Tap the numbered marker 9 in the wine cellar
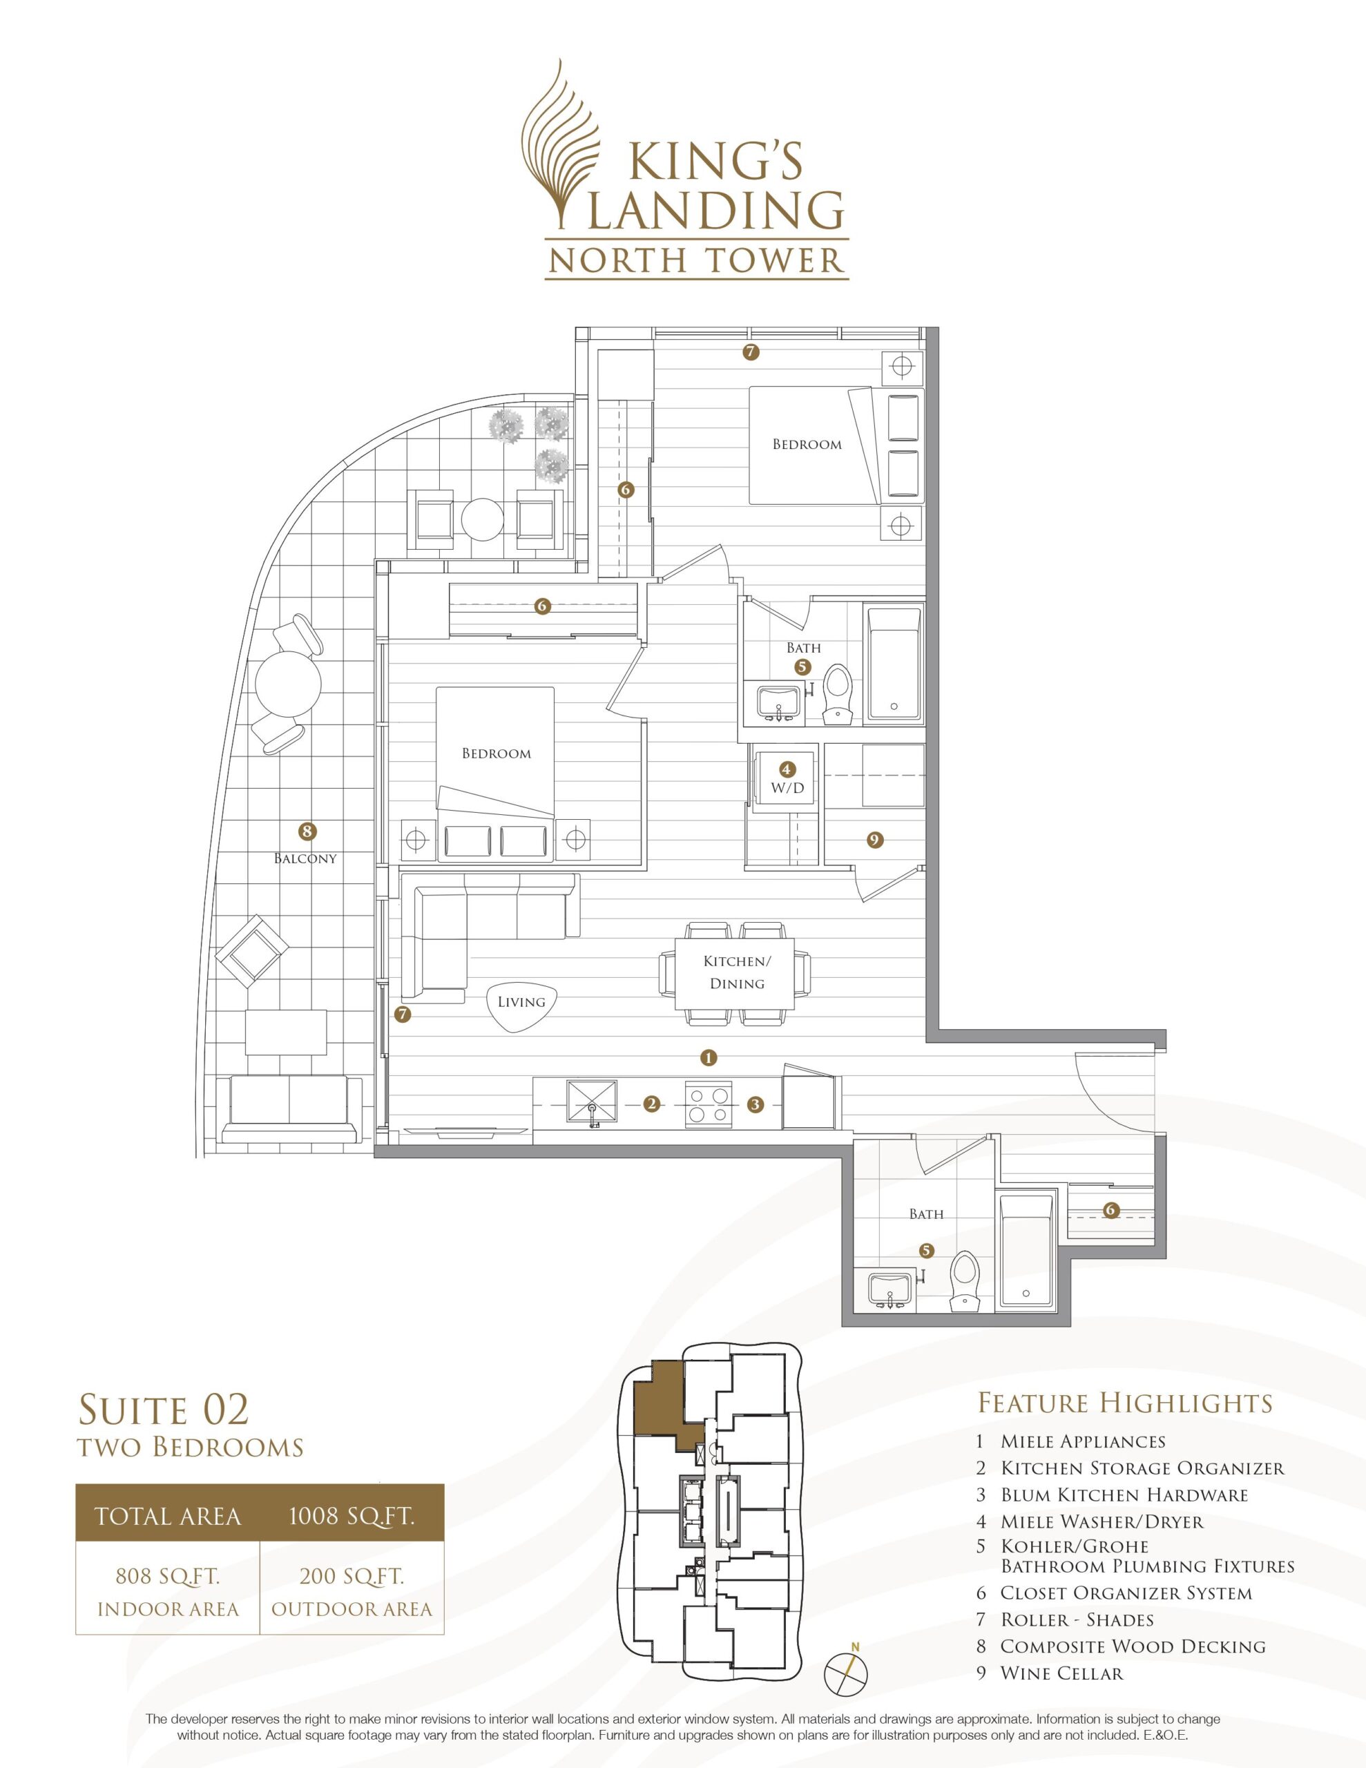coord(874,840)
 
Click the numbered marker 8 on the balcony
coord(307,831)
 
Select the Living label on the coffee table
coord(521,1002)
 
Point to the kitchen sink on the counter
coord(591,1102)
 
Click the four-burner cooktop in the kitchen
coord(709,1104)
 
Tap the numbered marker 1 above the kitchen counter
coord(709,1057)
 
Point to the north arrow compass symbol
coord(846,1669)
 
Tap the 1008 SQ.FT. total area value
coord(352,1515)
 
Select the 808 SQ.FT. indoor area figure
coord(169,1576)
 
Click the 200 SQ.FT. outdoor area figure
coord(352,1576)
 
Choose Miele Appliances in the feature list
coord(1083,1441)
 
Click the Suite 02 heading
coord(163,1410)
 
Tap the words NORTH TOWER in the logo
coord(696,260)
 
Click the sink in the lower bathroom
coord(891,1289)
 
